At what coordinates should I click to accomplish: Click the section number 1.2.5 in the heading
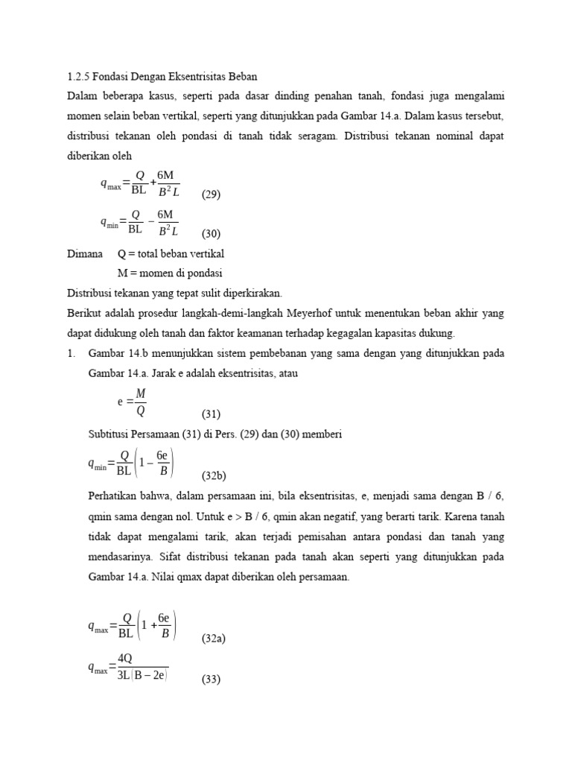tap(77, 77)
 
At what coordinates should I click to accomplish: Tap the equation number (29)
tap(211, 194)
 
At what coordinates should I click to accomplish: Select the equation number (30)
tap(211, 233)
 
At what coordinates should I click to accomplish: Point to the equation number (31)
tap(212, 414)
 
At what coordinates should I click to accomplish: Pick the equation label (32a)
tap(214, 639)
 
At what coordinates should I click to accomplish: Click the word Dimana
tap(85, 254)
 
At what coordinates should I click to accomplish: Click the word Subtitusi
tap(109, 434)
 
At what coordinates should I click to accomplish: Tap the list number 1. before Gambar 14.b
tap(71, 353)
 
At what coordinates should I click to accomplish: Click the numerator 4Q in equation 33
tap(126, 658)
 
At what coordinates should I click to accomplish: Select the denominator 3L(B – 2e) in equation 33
tap(142, 675)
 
